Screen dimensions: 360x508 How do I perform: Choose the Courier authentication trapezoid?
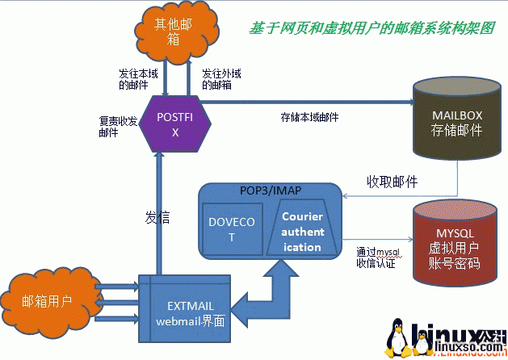pos(302,231)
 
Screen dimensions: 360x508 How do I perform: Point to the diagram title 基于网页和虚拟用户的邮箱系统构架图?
pos(372,28)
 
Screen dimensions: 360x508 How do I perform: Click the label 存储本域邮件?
pos(310,117)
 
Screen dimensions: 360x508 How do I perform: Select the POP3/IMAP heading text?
pos(271,190)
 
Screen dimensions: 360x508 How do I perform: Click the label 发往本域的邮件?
pos(135,77)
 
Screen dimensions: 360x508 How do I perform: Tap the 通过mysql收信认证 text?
pos(377,257)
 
